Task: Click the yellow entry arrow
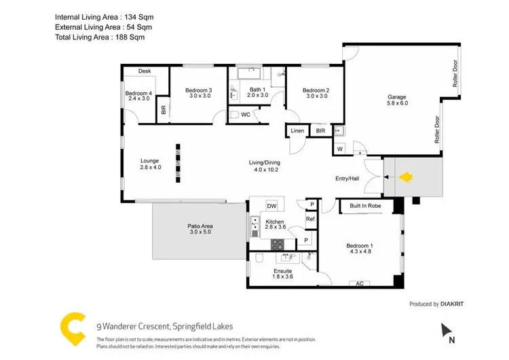[405, 178]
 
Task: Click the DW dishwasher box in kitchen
[271, 205]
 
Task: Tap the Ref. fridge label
[310, 219]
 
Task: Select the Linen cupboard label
[297, 130]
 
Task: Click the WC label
[246, 115]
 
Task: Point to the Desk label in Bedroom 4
[145, 71]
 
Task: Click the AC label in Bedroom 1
[360, 283]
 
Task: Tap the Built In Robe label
[364, 205]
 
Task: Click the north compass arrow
[447, 331]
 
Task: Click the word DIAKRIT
[457, 304]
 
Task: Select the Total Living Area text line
[100, 37]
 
